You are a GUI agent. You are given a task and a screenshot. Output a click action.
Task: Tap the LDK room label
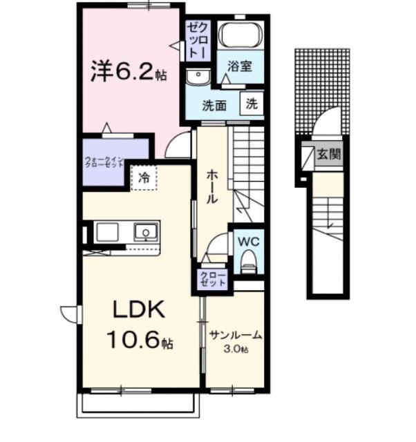pyautogui.click(x=135, y=310)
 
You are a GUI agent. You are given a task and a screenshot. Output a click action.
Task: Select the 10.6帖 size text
pyautogui.click(x=139, y=340)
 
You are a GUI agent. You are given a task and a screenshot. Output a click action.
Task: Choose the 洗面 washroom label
pyautogui.click(x=214, y=105)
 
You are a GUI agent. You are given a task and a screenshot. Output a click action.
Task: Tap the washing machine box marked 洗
pyautogui.click(x=252, y=104)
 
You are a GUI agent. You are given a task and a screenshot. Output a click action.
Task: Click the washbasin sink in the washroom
pyautogui.click(x=198, y=77)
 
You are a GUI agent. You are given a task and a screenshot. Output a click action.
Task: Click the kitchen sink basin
pyautogui.click(x=146, y=231)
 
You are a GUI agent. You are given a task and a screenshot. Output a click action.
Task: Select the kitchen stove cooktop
pyautogui.click(x=108, y=231)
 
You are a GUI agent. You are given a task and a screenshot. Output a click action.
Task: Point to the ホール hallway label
pyautogui.click(x=211, y=187)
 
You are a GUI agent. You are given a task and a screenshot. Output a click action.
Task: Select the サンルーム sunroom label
pyautogui.click(x=235, y=336)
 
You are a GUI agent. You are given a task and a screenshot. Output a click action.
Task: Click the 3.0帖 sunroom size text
pyautogui.click(x=235, y=349)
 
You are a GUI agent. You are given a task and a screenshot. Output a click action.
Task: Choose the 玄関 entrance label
pyautogui.click(x=328, y=155)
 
